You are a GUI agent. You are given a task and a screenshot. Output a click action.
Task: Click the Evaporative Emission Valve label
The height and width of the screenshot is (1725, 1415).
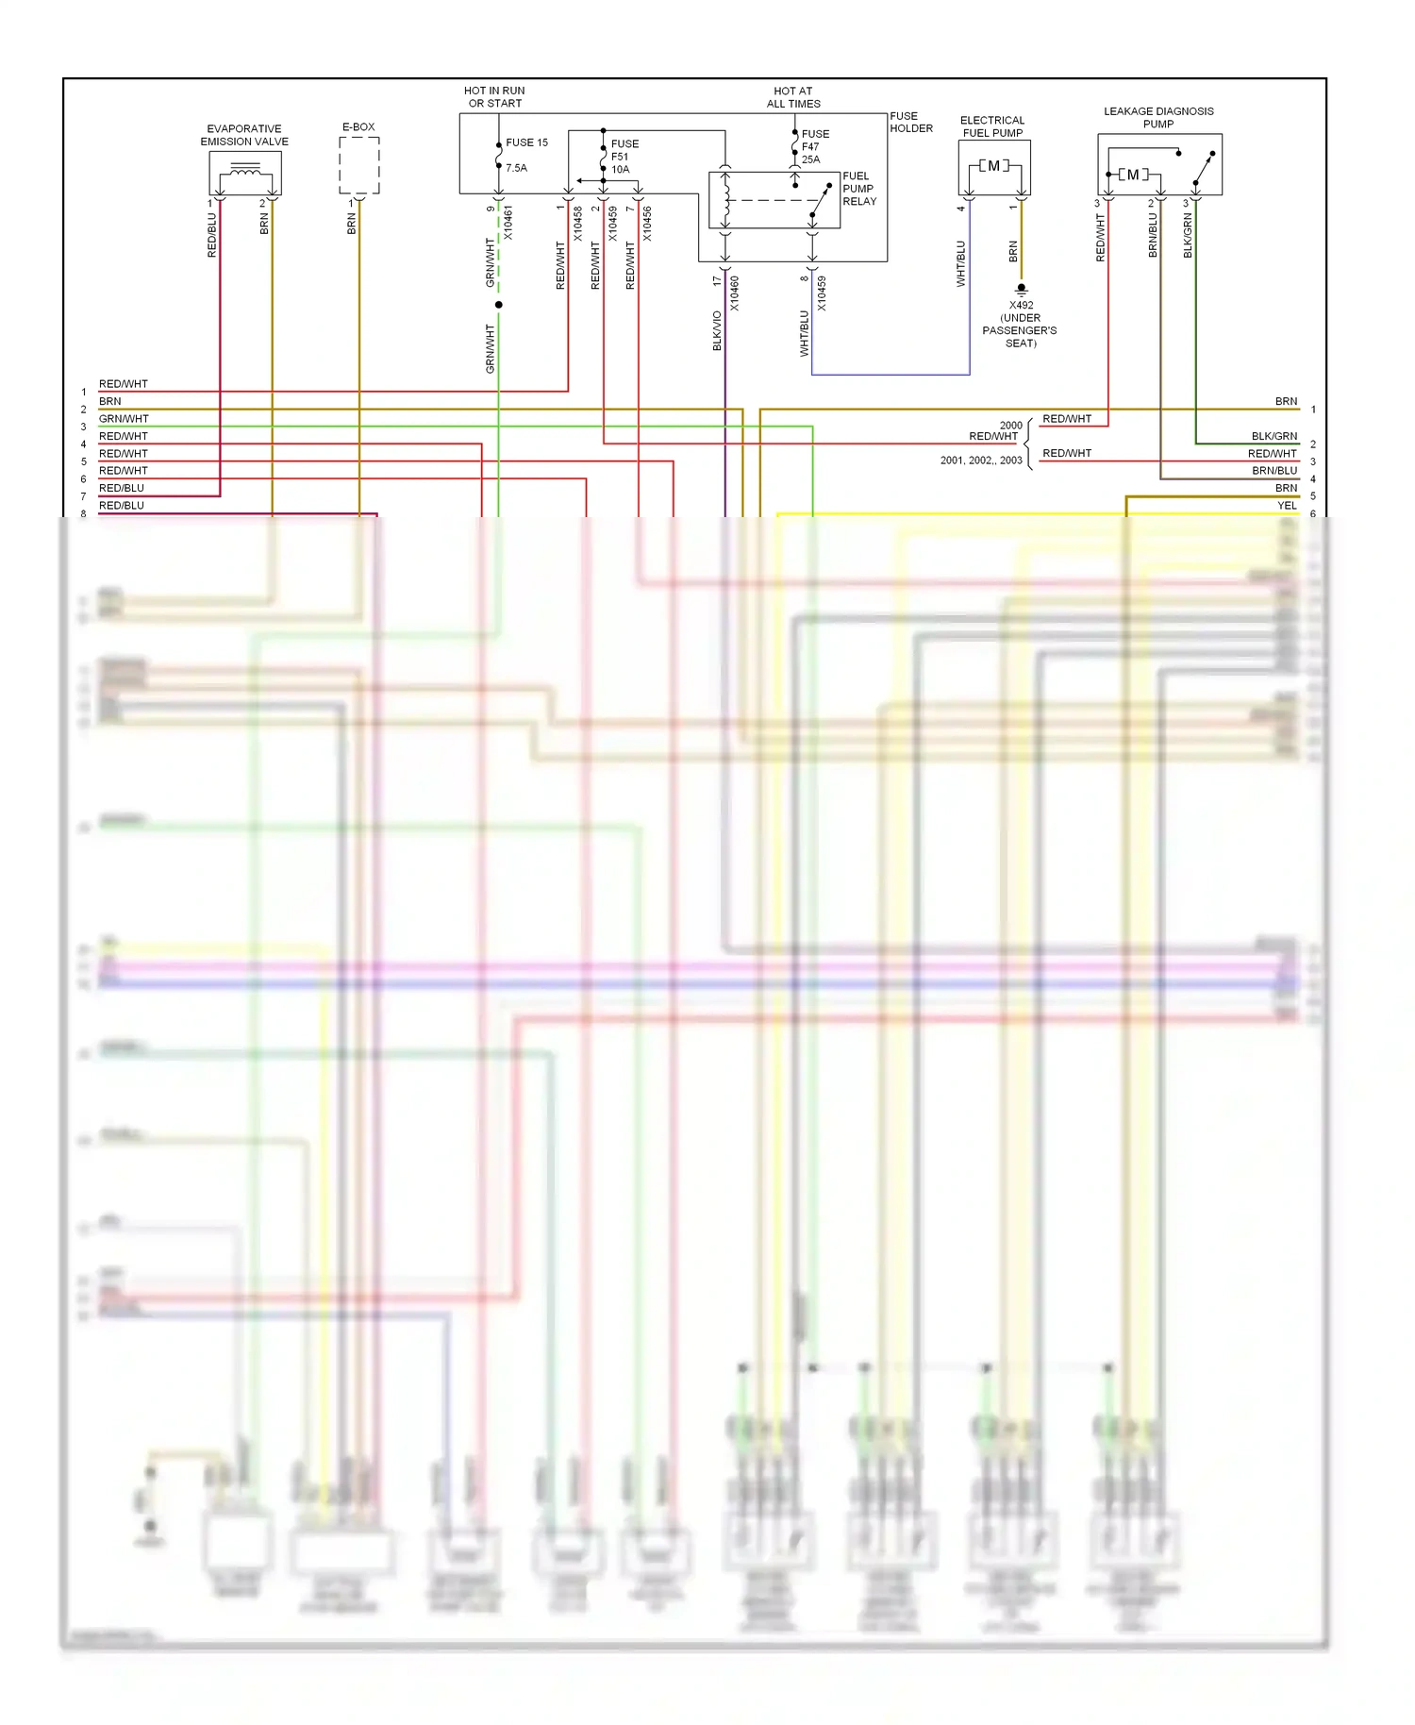click(244, 135)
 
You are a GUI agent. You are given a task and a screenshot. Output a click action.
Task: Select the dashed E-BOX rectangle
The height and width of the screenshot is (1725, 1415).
click(358, 166)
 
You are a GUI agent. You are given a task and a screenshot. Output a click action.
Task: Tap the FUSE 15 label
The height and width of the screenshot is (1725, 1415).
click(526, 142)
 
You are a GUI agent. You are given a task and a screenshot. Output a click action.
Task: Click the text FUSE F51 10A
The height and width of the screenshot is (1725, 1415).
click(624, 157)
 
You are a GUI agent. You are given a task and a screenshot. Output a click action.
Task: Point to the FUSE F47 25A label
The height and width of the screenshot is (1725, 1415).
click(814, 146)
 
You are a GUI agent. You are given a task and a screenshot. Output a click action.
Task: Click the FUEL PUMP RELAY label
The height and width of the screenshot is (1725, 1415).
click(858, 189)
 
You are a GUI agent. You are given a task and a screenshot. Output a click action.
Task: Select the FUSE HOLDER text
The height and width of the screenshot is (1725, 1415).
click(910, 123)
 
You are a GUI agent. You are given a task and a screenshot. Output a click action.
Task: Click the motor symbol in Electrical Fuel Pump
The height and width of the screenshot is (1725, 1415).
click(993, 166)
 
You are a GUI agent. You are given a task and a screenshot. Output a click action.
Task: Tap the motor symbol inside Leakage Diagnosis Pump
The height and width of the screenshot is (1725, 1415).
click(1132, 175)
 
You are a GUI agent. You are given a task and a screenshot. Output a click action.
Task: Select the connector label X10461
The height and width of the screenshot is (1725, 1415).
click(508, 224)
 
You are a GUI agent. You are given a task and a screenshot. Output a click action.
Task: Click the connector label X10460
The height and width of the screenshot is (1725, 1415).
click(734, 293)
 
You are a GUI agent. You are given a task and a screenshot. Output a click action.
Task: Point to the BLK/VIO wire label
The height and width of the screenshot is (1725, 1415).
click(717, 331)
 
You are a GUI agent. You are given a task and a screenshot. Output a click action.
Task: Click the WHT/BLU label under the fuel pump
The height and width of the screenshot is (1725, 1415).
click(960, 263)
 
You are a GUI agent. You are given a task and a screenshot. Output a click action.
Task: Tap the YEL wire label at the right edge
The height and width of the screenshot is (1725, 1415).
click(1286, 506)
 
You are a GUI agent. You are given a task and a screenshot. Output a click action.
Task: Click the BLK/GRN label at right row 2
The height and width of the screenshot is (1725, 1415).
click(1273, 436)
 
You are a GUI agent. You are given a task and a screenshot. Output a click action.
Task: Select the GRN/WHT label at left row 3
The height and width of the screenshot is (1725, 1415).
click(124, 419)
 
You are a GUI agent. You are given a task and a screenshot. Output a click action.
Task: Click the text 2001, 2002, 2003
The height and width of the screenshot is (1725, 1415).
click(980, 461)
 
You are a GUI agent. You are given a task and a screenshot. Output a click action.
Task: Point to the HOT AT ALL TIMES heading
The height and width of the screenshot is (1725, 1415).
click(792, 97)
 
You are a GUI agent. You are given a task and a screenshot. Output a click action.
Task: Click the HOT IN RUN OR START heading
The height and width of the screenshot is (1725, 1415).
click(494, 97)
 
